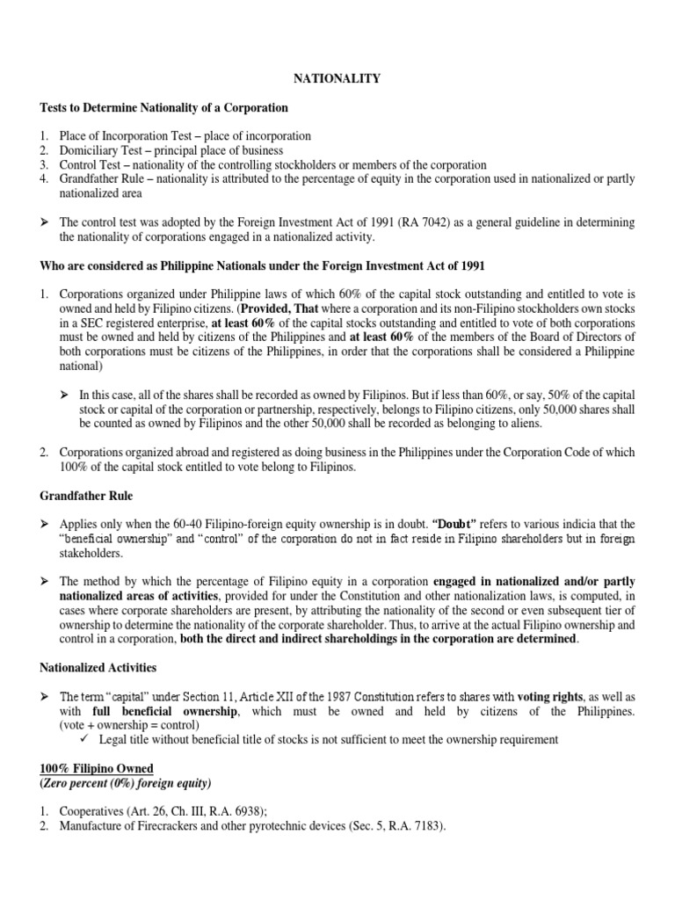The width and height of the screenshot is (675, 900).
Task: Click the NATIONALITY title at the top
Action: point(337,79)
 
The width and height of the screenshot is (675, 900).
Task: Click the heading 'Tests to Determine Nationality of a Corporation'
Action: point(164,108)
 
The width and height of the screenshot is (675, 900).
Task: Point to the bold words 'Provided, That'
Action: point(284,308)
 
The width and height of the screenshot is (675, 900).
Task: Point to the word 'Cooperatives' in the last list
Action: point(91,810)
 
